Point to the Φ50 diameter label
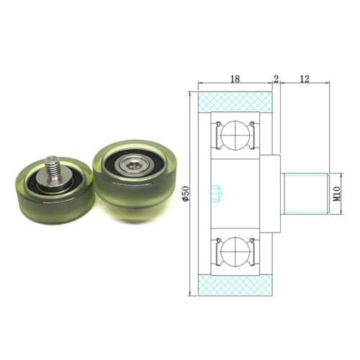coord(185,194)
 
